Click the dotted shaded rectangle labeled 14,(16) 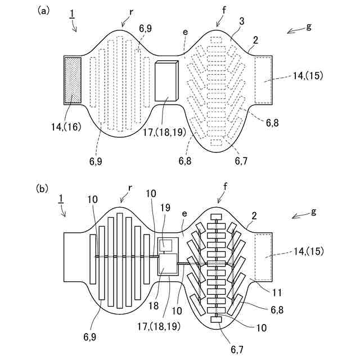click(74, 80)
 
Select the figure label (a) click(44, 10)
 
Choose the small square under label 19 click(166, 244)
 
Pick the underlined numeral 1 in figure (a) click(72, 14)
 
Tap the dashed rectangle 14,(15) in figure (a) click(264, 80)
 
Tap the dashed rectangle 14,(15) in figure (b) click(264, 257)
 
